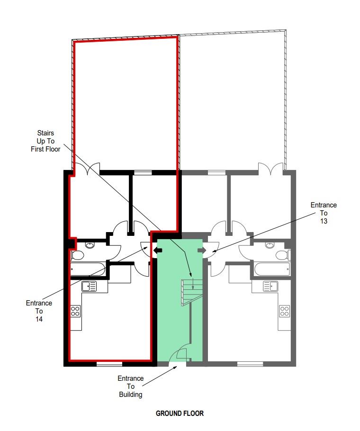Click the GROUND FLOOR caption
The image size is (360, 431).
(x=180, y=413)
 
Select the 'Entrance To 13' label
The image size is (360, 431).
(x=324, y=213)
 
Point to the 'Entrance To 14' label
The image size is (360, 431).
(x=39, y=311)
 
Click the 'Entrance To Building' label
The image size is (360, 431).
(x=130, y=386)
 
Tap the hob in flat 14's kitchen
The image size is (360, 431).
(x=75, y=311)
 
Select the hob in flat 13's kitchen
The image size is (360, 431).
(x=284, y=311)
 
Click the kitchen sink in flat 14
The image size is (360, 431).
(x=89, y=287)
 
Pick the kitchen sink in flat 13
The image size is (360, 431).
(x=271, y=287)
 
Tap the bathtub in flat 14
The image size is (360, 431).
(x=88, y=269)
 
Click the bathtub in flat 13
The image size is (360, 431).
(x=272, y=269)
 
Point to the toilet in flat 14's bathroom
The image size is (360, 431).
(x=78, y=255)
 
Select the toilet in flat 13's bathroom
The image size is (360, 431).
(x=282, y=255)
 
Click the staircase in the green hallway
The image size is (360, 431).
(x=191, y=293)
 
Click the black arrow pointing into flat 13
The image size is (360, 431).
(x=201, y=250)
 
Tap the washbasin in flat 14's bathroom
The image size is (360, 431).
(x=90, y=245)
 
